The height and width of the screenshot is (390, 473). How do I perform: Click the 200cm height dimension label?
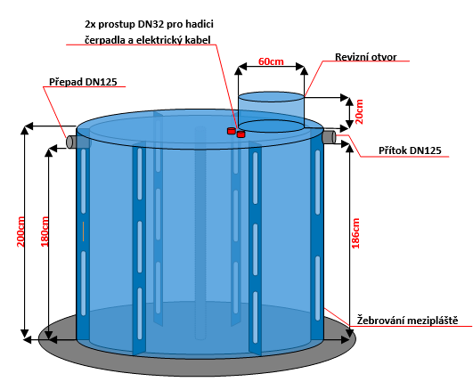(20, 232)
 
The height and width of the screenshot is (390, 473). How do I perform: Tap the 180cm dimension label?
(45, 232)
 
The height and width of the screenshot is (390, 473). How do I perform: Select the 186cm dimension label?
(355, 233)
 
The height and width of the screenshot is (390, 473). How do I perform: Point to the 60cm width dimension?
(271, 61)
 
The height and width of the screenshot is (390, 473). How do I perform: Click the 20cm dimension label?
(359, 111)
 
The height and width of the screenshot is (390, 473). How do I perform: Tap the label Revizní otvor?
(365, 57)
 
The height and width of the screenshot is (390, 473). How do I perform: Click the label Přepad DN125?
(83, 82)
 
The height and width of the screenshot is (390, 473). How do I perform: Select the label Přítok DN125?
(410, 150)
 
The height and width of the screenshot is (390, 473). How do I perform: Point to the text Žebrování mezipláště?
(407, 320)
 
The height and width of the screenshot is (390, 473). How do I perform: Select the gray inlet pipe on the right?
(329, 137)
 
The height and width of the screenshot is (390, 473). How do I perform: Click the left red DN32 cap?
(232, 131)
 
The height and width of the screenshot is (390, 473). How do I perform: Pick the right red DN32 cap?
(241, 134)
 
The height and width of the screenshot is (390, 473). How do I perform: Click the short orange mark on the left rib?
(83, 232)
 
